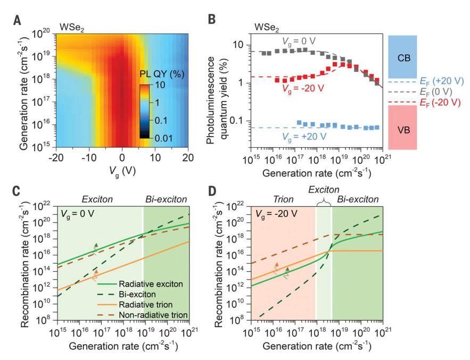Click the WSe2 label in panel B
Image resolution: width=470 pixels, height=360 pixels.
pyautogui.click(x=266, y=26)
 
